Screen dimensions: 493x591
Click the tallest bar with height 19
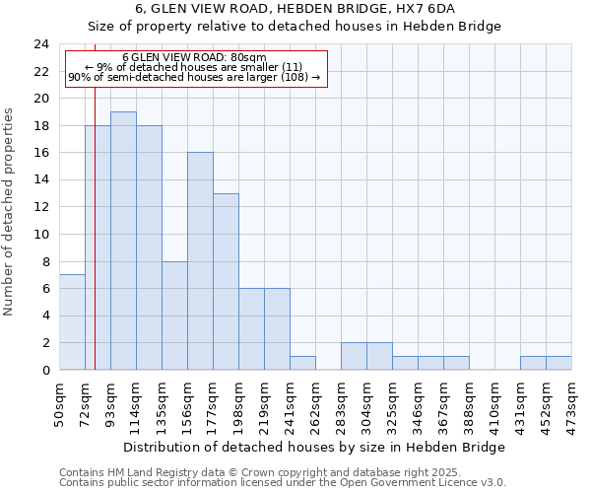[x=123, y=241]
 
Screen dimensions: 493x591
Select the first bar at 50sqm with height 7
[x=72, y=322]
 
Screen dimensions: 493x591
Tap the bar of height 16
[x=200, y=261]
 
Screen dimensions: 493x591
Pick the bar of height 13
[x=226, y=281]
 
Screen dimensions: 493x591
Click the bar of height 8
[x=174, y=316]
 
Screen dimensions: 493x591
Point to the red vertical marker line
[x=95, y=227]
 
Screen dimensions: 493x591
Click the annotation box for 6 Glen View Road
[x=194, y=68]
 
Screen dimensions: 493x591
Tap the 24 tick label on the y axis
[x=41, y=44]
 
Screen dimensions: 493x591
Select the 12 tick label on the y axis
[x=41, y=207]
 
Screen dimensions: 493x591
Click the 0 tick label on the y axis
[x=45, y=370]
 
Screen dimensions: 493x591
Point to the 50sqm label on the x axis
[x=60, y=401]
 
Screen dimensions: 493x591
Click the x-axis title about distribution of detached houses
[x=315, y=447]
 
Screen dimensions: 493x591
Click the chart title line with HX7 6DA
[x=295, y=9]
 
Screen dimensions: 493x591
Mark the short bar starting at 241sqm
[x=302, y=363]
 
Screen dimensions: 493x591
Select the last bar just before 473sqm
[x=558, y=363]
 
